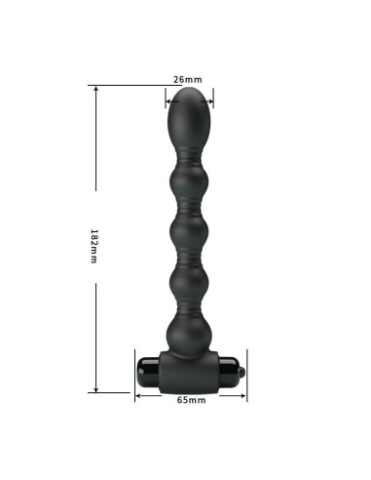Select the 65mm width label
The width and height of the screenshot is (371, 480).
click(x=191, y=400)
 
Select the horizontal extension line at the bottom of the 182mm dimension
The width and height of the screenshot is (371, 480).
click(x=112, y=392)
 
